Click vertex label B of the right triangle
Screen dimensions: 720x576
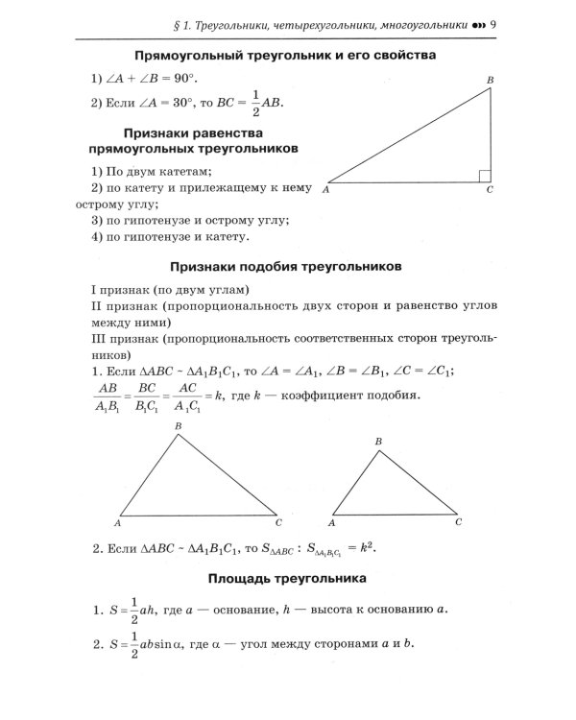pos(490,79)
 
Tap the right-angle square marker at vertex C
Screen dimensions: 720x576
pos(485,177)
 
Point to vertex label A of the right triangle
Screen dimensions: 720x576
pos(327,191)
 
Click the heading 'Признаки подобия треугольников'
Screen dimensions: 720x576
pos(285,265)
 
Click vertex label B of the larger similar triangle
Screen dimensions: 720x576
pos(178,426)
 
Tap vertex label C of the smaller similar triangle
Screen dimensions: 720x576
pos(458,522)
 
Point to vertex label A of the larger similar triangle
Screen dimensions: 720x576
pos(117,523)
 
